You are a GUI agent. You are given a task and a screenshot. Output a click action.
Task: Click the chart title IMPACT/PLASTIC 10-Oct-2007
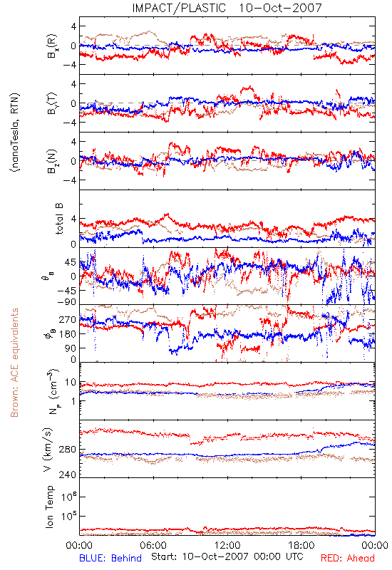point(227,8)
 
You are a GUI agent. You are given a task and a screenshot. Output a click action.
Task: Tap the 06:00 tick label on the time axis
point(153,545)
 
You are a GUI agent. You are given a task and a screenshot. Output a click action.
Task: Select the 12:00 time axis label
point(227,545)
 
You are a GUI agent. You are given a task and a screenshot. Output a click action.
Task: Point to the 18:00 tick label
point(301,545)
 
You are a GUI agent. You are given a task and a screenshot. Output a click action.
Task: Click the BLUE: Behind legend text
point(110,558)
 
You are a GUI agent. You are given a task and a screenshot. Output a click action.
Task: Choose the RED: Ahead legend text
point(348,558)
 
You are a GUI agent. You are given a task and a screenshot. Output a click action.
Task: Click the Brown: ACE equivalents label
point(14,363)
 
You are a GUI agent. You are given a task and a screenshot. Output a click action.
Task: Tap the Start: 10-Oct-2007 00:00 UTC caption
point(227,556)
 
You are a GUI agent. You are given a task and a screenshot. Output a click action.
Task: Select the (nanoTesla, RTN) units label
point(15,133)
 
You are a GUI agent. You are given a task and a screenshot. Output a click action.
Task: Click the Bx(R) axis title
point(51,46)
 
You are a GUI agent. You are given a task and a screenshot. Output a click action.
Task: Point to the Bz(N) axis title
point(51,161)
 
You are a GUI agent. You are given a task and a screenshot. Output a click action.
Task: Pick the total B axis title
point(59,219)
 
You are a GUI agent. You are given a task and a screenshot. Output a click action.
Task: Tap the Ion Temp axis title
point(49,507)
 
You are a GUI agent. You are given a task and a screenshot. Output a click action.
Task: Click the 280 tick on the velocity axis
point(67,450)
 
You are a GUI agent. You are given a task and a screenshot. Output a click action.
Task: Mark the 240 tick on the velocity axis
point(67,475)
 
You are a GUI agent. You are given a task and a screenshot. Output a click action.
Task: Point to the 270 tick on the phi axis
point(67,319)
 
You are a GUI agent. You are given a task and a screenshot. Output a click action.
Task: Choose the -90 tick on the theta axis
point(66,301)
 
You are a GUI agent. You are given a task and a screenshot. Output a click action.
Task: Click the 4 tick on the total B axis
point(73,219)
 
